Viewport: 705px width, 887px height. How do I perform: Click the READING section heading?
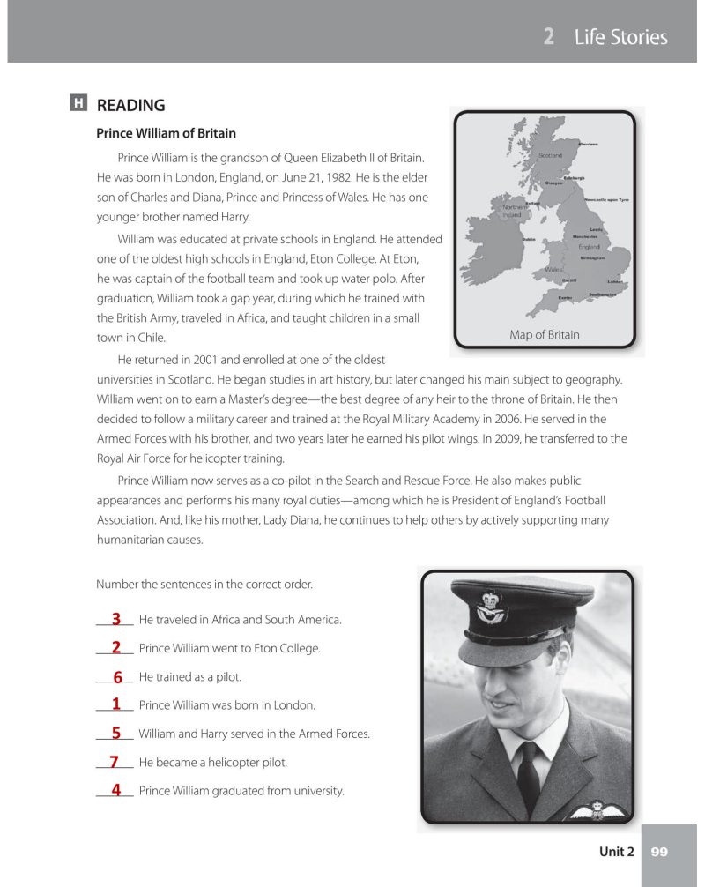130,106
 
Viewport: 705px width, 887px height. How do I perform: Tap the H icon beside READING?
78,104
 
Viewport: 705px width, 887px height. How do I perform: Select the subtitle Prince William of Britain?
166,133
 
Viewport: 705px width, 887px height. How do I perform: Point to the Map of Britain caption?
545,334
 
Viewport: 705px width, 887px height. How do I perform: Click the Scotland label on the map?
550,155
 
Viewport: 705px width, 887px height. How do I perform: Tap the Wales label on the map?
553,269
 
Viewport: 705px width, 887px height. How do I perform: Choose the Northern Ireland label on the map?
513,212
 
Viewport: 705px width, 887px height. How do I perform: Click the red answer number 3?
115,619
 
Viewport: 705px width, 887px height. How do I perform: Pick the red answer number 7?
114,761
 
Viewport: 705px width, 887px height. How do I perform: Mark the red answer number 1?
115,704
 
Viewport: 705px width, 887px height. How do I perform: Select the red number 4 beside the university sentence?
115,789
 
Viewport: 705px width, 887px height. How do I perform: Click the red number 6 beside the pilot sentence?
116,677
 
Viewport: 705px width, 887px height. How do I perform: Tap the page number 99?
659,852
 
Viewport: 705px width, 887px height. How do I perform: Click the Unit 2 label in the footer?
616,852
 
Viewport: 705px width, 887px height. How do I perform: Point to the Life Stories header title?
620,37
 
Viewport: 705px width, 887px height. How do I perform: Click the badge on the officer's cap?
487,606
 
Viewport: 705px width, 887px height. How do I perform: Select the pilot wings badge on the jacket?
600,810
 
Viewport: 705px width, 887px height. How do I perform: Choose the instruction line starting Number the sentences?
204,585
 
